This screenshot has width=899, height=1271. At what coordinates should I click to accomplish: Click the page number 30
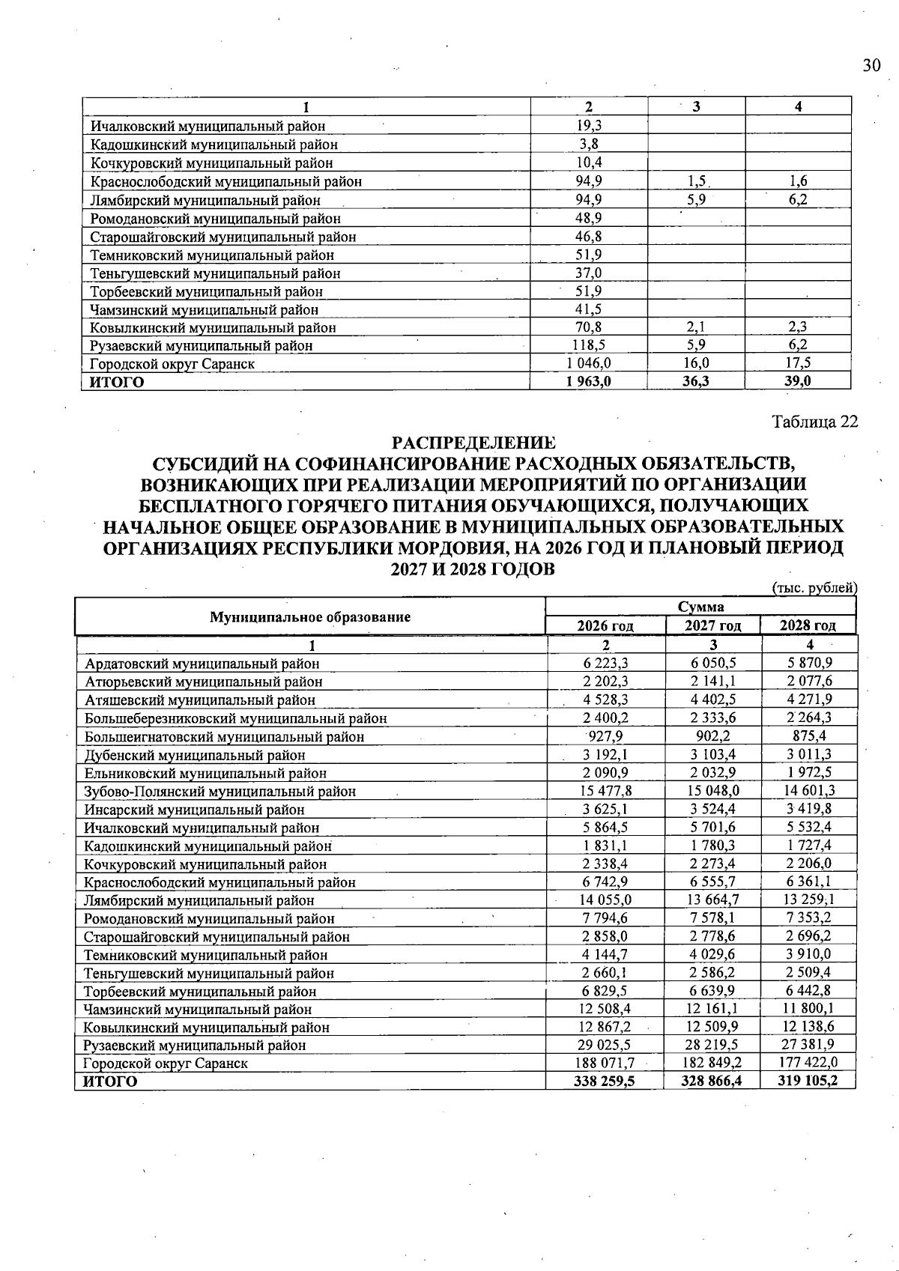[871, 66]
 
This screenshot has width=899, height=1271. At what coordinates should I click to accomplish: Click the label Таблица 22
[815, 422]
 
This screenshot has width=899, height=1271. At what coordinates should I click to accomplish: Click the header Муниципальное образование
[310, 617]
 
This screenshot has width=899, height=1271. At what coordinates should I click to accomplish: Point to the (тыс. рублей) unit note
[814, 589]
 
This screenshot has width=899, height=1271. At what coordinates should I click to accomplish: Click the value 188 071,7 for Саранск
[603, 1063]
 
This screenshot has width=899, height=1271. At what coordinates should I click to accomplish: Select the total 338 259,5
[603, 1082]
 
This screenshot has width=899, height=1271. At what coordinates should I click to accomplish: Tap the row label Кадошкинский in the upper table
[214, 145]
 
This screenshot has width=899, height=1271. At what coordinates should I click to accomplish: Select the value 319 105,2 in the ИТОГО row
[807, 1082]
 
